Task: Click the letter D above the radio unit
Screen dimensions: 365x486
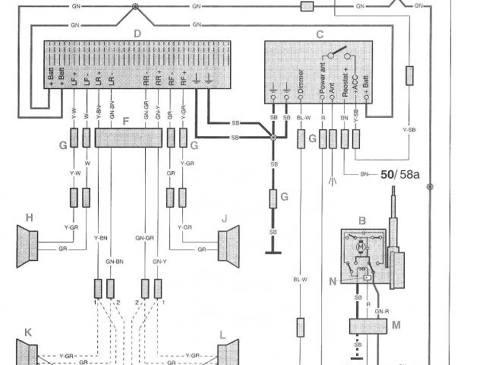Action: (x=137, y=33)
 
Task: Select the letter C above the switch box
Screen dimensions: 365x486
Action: (x=320, y=34)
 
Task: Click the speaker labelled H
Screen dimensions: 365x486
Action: (x=28, y=245)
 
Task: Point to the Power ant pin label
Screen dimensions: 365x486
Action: (x=322, y=82)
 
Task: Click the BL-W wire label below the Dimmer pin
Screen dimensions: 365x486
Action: (x=303, y=118)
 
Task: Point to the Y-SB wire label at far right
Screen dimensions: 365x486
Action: (x=409, y=130)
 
